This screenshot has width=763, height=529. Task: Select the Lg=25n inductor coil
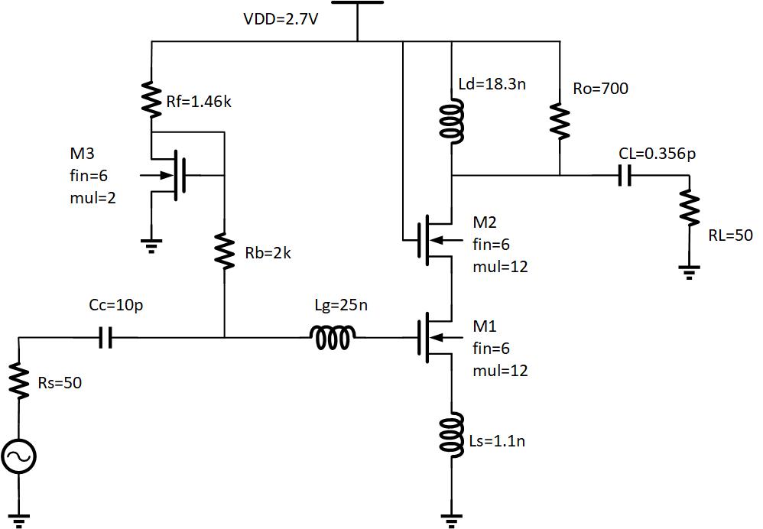[x=332, y=337]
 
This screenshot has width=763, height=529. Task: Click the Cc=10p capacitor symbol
[x=106, y=337]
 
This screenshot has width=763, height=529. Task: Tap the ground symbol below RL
[x=690, y=271]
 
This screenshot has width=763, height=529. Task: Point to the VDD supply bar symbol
[x=357, y=3]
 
